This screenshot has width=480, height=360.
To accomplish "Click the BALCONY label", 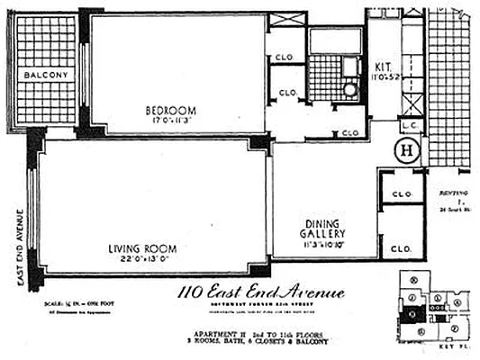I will (44, 75).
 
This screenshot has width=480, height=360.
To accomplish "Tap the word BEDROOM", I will (172, 111).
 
